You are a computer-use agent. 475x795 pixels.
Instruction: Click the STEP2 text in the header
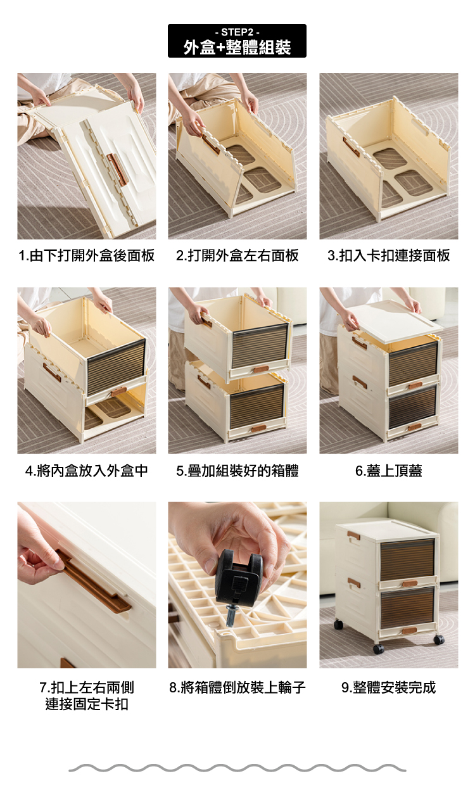coord(237,32)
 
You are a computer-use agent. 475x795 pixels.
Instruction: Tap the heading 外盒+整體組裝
coord(237,48)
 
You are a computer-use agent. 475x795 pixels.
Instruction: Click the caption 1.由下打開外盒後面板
coord(87,255)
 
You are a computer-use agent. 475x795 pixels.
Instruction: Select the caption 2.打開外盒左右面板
coord(237,255)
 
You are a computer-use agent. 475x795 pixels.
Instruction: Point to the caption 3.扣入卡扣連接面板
coord(388,255)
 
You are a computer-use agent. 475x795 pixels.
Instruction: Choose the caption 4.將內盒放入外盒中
coord(87,471)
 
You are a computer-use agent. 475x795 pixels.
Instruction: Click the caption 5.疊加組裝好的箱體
coord(237,471)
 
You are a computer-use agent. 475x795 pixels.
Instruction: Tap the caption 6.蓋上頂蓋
coord(388,471)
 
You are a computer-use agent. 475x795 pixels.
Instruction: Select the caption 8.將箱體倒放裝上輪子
coord(237,687)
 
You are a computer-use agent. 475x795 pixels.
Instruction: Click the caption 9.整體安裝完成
coord(388,687)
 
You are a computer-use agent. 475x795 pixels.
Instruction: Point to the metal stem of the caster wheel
coord(231,616)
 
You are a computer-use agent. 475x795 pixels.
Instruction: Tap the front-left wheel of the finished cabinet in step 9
coord(378,649)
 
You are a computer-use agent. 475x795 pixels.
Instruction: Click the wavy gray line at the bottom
coord(237,769)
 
